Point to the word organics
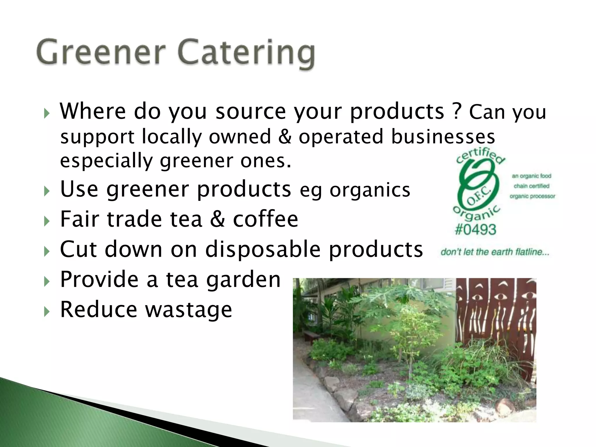pos(370,190)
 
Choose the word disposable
pos(262,249)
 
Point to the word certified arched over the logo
pos(480,157)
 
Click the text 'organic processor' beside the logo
pos(532,196)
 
